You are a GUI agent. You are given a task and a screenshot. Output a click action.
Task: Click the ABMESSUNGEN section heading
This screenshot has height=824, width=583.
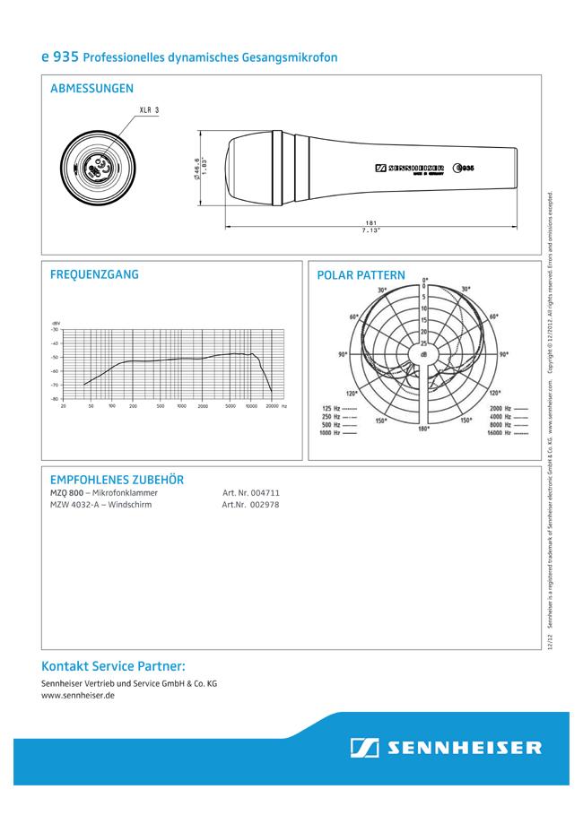coord(92,89)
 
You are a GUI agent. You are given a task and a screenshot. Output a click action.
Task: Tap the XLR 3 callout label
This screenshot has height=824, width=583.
coord(149,110)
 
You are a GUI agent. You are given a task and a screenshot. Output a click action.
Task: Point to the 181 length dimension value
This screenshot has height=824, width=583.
coord(371,221)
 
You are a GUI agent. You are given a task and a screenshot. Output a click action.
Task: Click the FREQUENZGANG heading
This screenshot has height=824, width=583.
coord(94,274)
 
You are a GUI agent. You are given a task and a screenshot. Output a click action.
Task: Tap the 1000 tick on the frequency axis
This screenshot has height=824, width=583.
coord(181,405)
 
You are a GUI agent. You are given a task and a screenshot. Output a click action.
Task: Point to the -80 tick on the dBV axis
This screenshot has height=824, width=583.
coord(55,398)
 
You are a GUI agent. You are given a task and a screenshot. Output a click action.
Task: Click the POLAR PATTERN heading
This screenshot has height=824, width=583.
coord(361,275)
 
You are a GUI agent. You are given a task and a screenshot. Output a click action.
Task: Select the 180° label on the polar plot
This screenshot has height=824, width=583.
coord(423,429)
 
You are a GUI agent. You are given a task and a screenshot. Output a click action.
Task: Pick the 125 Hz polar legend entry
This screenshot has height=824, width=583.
coord(339,409)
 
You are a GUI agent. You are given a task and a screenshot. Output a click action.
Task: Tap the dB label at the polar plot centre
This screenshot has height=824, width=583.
coord(423,355)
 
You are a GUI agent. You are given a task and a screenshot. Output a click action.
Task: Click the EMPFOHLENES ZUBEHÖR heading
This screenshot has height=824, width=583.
coord(117,480)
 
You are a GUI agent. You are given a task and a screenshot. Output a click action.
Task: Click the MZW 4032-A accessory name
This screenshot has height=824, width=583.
coord(74,505)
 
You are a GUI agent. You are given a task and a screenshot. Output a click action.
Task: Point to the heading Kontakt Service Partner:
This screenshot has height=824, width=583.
coord(113,665)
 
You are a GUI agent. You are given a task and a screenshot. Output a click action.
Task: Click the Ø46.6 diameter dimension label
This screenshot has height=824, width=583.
coord(196,168)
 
